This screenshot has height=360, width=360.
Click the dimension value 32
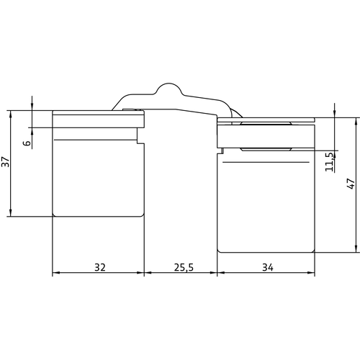100,267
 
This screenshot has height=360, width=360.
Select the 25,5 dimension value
184,267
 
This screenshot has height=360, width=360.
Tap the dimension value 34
268,267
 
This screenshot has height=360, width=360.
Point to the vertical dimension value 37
5,162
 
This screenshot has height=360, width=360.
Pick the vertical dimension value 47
351,184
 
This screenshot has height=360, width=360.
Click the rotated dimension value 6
27,143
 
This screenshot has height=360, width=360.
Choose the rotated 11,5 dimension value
329,162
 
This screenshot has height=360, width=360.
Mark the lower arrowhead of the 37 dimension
10,212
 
